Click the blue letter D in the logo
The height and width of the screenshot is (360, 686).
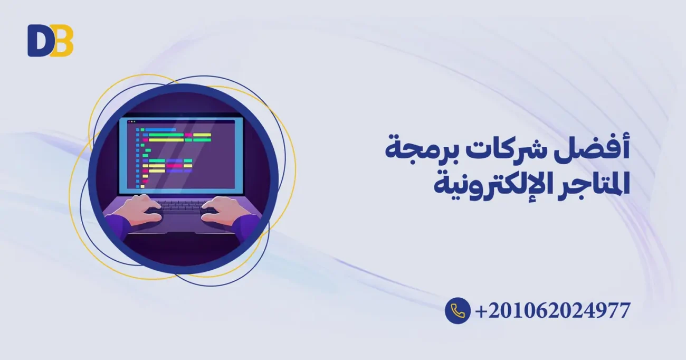[39, 41]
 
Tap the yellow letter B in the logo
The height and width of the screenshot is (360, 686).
[63, 41]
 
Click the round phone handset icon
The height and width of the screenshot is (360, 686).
[458, 310]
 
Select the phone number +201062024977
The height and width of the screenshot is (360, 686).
[552, 310]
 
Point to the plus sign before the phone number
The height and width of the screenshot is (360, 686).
[481, 311]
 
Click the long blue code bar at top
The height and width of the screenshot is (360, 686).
[160, 129]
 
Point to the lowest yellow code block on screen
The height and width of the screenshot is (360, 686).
[142, 186]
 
